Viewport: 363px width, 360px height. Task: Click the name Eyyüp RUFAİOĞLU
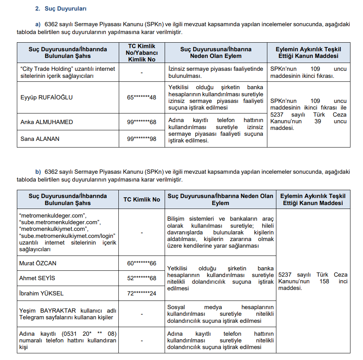point(47,97)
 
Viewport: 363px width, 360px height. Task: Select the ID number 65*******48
point(142,97)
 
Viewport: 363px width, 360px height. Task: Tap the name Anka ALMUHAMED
point(47,122)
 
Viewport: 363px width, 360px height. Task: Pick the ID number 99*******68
point(142,122)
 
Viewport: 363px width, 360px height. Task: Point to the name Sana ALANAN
point(40,139)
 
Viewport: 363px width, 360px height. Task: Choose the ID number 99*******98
point(142,139)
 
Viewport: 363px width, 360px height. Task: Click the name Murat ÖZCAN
point(38,263)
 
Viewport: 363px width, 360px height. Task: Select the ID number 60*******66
point(142,263)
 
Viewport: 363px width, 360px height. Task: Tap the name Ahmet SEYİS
point(37,278)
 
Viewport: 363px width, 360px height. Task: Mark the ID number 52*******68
point(142,278)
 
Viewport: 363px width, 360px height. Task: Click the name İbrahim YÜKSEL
point(41,293)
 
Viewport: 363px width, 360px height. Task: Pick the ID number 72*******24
point(142,293)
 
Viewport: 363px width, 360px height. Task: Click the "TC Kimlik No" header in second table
point(142,200)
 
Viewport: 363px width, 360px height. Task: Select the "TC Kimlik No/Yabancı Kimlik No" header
point(142,53)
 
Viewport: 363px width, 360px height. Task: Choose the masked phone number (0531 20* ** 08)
point(89,333)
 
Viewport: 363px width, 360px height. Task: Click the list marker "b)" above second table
point(38,172)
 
